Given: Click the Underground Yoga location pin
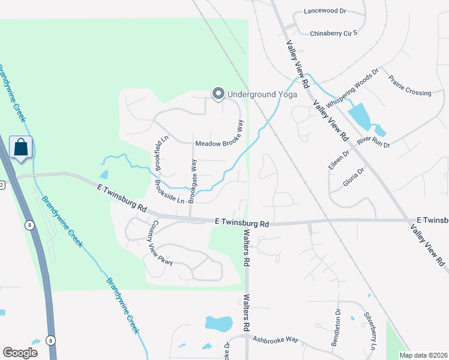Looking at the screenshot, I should (218, 94).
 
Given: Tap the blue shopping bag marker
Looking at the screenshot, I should (20, 147).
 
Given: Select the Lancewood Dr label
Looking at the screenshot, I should (325, 11).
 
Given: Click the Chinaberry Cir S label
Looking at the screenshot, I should (333, 33).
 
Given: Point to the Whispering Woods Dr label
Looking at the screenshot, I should (352, 87).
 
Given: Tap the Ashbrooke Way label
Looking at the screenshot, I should (276, 340).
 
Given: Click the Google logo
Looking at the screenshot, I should (20, 353).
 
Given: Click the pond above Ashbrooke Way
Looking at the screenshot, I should (218, 323).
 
